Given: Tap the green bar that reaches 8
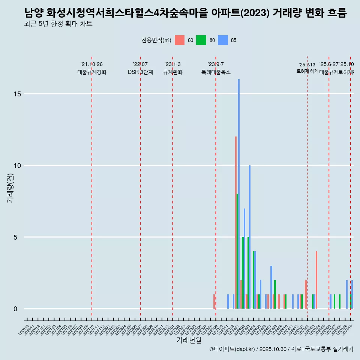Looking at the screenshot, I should [237, 251].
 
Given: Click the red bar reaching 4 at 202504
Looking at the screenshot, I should [316, 280].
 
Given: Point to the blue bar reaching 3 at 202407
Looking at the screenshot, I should [271, 287].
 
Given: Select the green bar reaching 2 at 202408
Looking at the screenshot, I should [275, 294].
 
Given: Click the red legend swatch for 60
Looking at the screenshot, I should [180, 40].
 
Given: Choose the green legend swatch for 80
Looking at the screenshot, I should [201, 40].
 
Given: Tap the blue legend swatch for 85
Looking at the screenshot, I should [223, 40].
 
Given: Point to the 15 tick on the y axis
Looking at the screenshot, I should [15, 94].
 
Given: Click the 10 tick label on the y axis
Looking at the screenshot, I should [15, 165].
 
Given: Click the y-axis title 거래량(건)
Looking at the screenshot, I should [10, 188].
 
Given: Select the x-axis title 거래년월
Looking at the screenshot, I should [189, 340].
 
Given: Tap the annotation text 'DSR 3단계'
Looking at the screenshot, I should [140, 72].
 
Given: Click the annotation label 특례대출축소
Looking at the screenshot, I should [216, 72].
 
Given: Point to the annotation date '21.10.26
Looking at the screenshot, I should [91, 64].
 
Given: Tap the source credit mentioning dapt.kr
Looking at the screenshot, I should [281, 349].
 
